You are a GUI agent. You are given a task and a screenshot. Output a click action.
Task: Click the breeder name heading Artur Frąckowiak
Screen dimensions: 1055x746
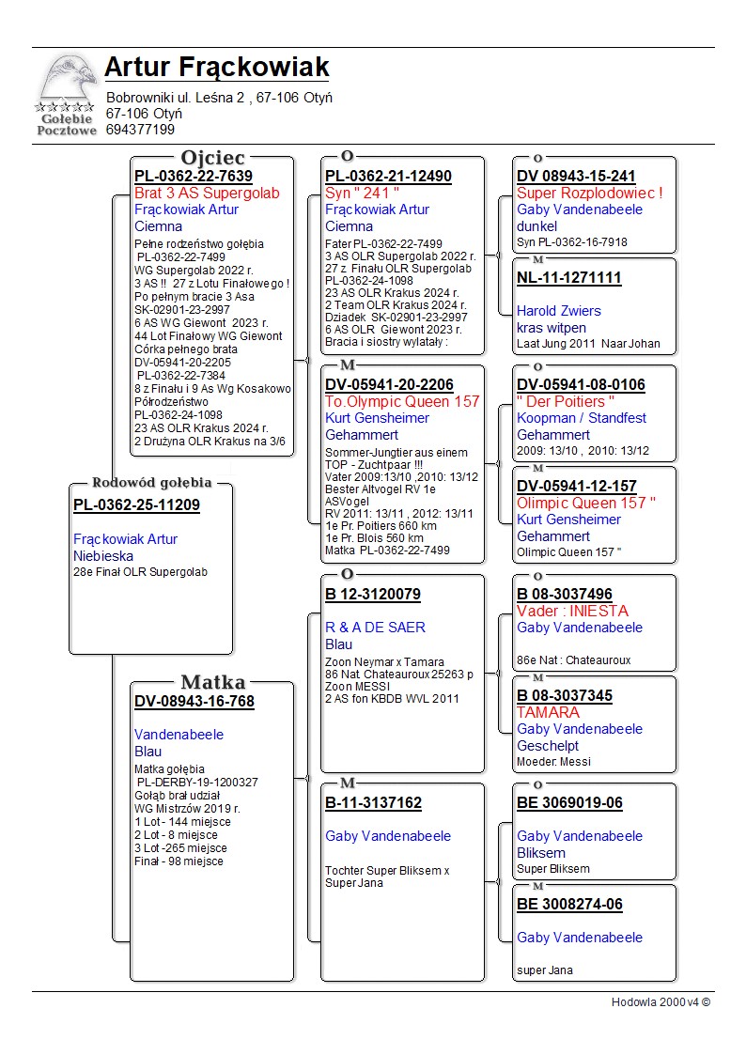tap(217, 68)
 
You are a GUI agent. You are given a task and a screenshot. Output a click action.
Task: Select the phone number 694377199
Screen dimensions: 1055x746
tap(140, 130)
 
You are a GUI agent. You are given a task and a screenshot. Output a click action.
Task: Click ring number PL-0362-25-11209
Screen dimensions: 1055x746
tap(136, 505)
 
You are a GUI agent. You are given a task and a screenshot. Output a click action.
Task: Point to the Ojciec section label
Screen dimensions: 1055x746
tap(213, 158)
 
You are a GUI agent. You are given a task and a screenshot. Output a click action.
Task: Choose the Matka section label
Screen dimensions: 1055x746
tap(213, 683)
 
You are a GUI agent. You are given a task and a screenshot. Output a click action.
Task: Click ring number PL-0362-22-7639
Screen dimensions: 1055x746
tap(194, 177)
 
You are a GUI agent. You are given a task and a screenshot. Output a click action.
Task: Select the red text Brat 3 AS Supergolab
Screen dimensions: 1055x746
tap(207, 194)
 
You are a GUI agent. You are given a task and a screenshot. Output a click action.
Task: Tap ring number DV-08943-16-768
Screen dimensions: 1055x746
tap(194, 702)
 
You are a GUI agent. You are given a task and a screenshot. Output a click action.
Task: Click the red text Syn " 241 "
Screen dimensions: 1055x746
tap(357, 194)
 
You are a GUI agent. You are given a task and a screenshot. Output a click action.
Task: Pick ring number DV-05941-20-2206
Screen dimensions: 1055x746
tap(389, 385)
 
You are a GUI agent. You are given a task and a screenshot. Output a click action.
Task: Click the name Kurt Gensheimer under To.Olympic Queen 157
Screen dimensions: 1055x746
tap(377, 418)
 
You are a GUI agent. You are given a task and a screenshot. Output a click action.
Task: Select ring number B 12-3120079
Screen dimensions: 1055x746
tap(373, 595)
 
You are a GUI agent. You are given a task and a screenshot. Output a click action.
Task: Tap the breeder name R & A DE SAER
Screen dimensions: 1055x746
tap(375, 628)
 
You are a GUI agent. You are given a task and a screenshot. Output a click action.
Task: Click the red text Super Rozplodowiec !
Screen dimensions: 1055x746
tap(590, 194)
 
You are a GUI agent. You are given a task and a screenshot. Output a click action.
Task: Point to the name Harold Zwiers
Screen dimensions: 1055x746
tap(559, 311)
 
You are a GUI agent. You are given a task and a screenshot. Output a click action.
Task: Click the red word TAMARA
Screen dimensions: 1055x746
tap(548, 712)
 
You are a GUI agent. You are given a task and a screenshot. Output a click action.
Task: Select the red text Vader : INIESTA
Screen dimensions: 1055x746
tap(572, 611)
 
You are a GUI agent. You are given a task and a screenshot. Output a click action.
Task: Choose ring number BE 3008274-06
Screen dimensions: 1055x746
tap(569, 905)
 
